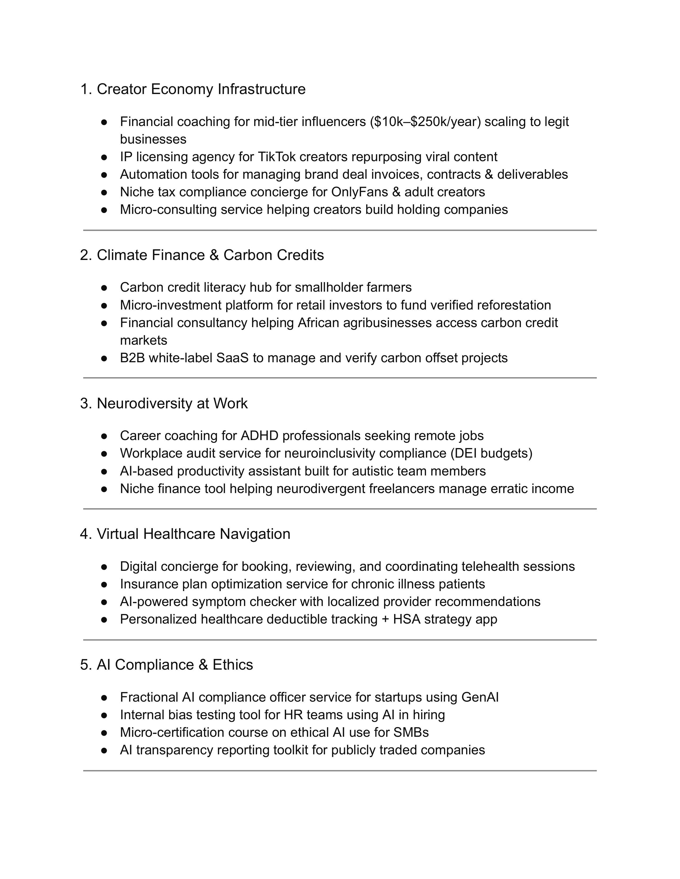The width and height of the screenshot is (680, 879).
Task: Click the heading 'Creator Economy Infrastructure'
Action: click(x=201, y=89)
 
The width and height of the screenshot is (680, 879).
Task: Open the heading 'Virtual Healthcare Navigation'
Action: click(x=193, y=534)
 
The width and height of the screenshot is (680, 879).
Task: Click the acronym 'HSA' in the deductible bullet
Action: click(x=407, y=619)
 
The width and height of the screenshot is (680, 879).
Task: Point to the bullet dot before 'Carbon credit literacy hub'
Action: click(x=104, y=288)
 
